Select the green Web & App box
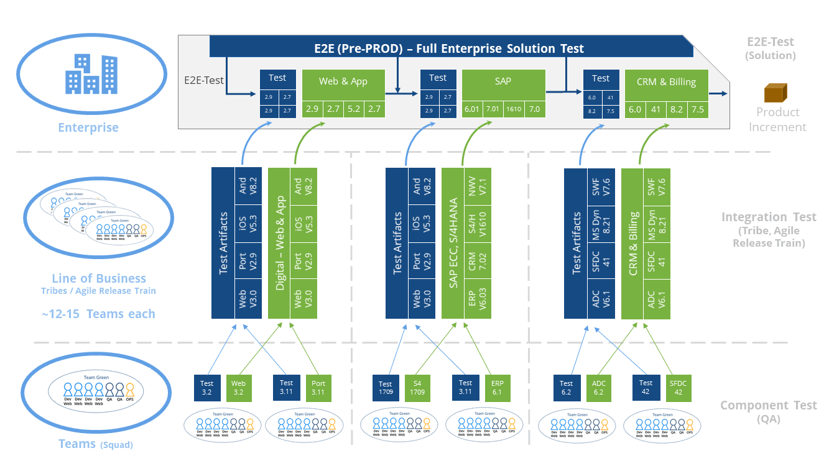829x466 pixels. tap(343, 82)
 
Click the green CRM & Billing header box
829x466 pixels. tap(666, 82)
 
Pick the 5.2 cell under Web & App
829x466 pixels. tap(353, 109)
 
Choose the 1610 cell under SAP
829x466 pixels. tap(514, 109)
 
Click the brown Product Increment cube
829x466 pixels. tap(776, 93)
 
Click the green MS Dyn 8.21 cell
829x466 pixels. tap(656, 223)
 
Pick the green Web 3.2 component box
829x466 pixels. tap(238, 388)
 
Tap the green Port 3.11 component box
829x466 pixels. tap(318, 388)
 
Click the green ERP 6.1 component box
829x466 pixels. tap(497, 388)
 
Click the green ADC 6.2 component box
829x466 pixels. tap(598, 388)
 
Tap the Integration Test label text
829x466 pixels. tap(769, 217)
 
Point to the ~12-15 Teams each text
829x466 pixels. tap(98, 314)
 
